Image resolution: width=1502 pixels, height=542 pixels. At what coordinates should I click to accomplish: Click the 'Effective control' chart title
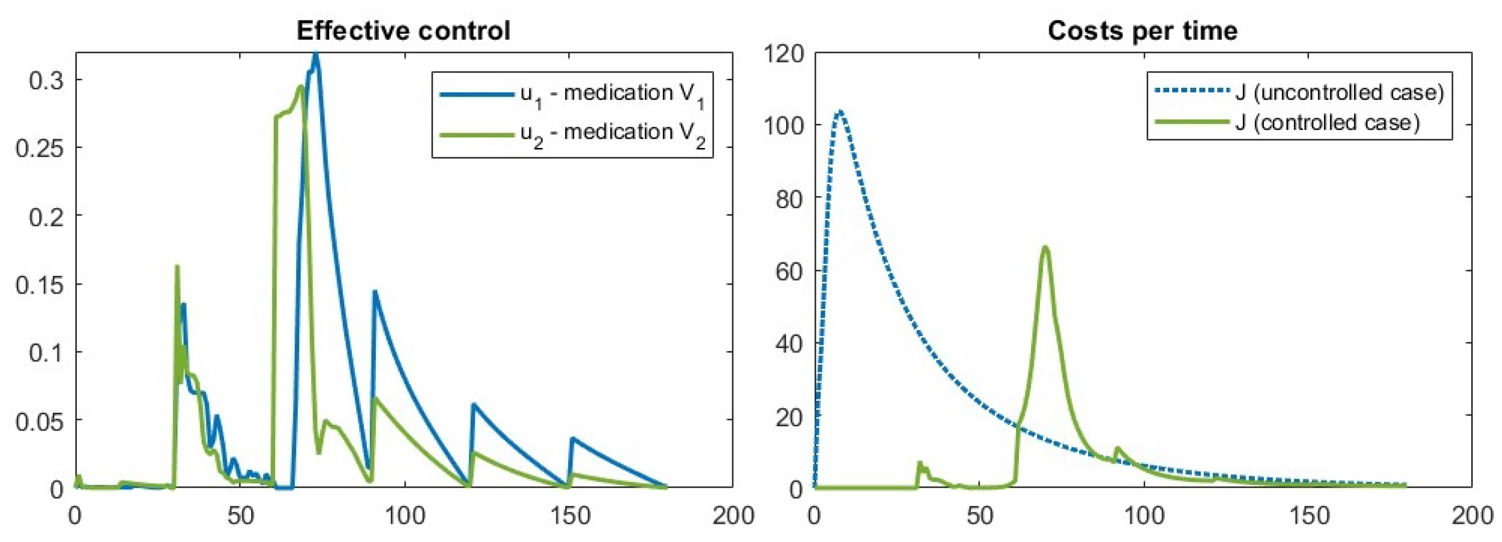[403, 30]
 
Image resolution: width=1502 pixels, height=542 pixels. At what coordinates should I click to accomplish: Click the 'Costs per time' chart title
[1142, 30]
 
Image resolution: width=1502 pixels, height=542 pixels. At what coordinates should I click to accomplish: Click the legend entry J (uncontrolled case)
[1339, 93]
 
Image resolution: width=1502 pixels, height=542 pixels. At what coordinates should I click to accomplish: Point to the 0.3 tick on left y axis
[47, 80]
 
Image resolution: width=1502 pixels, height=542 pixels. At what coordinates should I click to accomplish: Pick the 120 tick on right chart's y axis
[783, 54]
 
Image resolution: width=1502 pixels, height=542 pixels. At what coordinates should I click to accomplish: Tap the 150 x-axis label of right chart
[1306, 516]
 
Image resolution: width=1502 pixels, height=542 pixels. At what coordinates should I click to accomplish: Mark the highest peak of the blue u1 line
[316, 55]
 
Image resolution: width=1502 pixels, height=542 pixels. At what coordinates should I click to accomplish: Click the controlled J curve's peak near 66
[1045, 247]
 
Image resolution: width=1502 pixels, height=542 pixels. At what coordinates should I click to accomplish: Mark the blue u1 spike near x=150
[572, 438]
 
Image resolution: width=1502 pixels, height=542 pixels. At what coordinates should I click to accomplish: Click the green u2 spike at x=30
[177, 267]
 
